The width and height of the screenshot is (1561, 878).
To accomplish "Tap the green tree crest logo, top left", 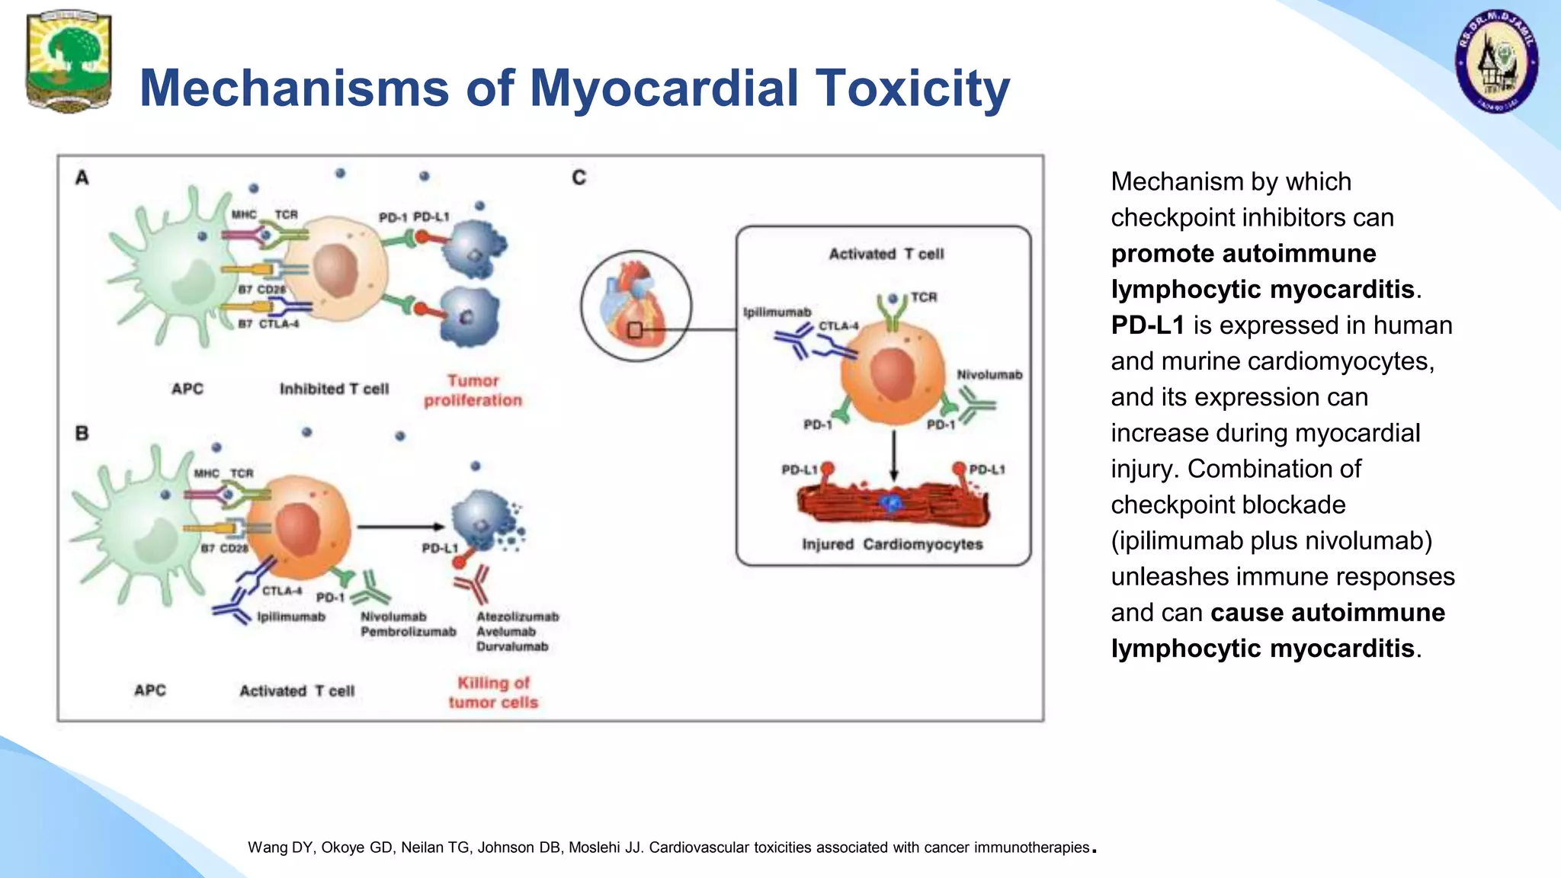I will click(x=69, y=61).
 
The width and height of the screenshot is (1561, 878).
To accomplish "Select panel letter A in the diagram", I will click(x=82, y=178).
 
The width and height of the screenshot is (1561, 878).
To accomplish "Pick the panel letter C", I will click(x=579, y=178).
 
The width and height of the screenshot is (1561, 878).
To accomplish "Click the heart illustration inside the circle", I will click(x=634, y=305).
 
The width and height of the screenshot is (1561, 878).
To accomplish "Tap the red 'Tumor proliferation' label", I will click(x=473, y=390).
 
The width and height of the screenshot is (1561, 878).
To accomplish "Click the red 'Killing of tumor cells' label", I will click(x=493, y=692).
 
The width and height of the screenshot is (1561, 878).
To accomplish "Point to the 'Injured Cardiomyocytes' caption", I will click(x=892, y=544).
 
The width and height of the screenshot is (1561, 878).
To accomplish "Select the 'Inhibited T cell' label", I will click(x=334, y=389).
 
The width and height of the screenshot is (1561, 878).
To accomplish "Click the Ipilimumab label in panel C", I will click(x=777, y=312).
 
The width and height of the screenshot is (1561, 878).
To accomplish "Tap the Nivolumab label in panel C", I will click(x=989, y=374).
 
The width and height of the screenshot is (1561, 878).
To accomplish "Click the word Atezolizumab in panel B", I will click(x=518, y=617).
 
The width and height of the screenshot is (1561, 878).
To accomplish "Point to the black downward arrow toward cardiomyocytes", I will click(x=894, y=454).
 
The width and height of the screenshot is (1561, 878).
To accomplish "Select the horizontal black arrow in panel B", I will click(x=399, y=527).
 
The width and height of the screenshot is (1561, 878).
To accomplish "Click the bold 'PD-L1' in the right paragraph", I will click(x=1147, y=325).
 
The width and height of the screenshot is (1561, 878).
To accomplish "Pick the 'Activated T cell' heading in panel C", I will click(x=886, y=254).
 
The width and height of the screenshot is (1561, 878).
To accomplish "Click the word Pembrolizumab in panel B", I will click(x=408, y=632).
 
